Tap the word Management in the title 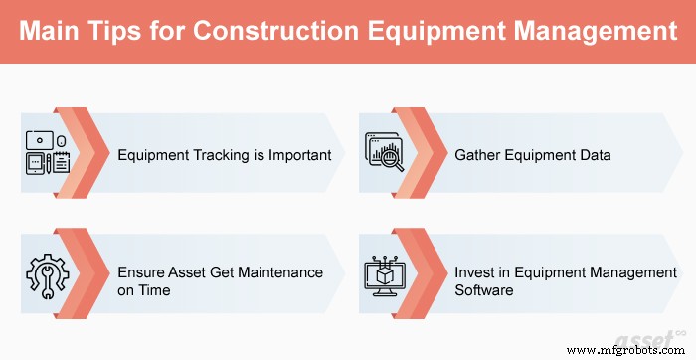click(x=591, y=32)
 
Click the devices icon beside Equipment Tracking click(x=46, y=155)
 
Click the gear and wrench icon click(x=46, y=270)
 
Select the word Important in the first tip click(x=297, y=156)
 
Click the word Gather click(x=478, y=156)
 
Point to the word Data click(x=595, y=156)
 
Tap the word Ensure click(x=142, y=271)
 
